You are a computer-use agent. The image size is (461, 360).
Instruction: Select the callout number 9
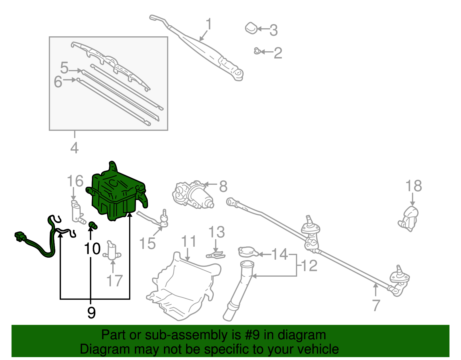pos(91,312)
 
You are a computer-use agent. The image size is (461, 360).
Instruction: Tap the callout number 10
pos(92,248)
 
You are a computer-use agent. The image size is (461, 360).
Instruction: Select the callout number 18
pos(413,186)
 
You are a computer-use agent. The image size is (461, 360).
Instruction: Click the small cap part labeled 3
pos(251,28)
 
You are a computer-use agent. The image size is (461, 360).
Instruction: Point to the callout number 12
pos(309,265)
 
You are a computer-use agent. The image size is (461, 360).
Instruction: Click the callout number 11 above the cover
pos(189,241)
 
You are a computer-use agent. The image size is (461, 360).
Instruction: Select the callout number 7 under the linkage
pos(376,306)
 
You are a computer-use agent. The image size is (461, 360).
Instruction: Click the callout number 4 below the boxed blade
pos(74,148)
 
